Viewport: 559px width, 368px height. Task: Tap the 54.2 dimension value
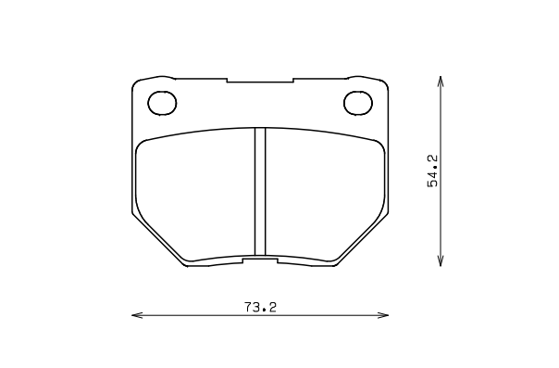(x=432, y=171)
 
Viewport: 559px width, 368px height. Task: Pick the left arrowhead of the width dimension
(x=135, y=316)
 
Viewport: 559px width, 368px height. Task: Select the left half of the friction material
(x=194, y=195)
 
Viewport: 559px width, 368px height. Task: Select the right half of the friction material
(x=324, y=195)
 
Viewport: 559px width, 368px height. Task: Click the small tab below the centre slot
(x=260, y=261)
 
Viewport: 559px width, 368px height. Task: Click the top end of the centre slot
(x=260, y=130)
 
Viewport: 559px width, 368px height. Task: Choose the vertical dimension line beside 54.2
(x=440, y=222)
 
